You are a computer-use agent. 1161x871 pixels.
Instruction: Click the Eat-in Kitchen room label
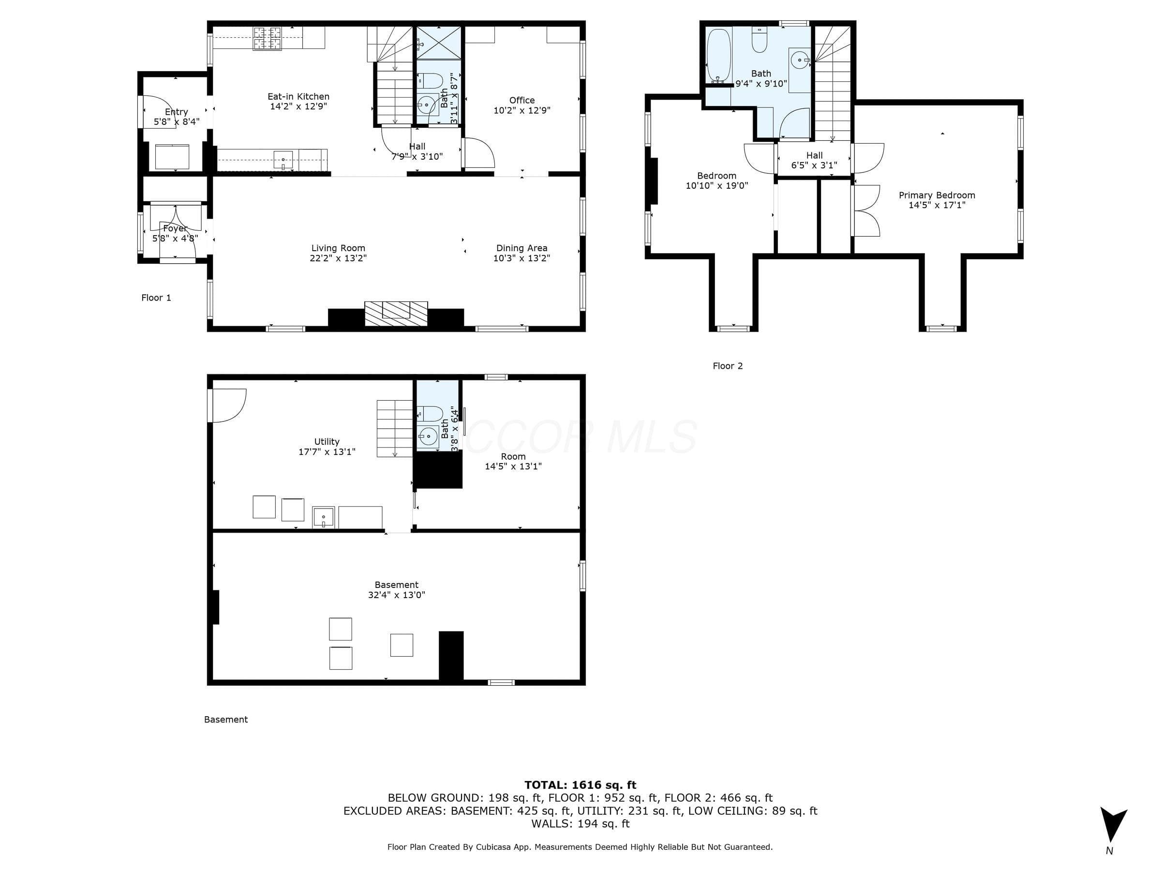tap(298, 97)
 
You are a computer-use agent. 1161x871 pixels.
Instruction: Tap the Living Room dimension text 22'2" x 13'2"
tap(338, 258)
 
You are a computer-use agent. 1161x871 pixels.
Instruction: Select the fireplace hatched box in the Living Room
tap(396, 314)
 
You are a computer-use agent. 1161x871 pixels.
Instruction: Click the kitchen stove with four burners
tap(267, 38)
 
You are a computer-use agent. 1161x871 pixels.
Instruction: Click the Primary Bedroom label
tap(937, 195)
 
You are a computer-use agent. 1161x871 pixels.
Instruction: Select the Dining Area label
tap(521, 248)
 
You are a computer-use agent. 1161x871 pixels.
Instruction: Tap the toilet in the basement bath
tap(430, 414)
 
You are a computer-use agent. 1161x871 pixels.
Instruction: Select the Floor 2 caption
tap(728, 366)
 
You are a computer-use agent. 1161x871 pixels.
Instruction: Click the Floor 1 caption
tap(156, 298)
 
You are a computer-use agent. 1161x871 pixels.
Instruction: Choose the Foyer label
tap(175, 229)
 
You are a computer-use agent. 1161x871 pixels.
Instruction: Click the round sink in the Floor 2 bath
tap(799, 60)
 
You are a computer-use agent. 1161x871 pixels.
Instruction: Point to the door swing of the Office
tap(479, 153)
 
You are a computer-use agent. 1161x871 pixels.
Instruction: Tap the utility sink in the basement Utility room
tap(323, 517)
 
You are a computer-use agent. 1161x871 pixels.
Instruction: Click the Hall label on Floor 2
tap(814, 155)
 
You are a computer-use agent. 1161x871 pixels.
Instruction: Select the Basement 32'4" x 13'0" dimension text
tap(396, 595)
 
